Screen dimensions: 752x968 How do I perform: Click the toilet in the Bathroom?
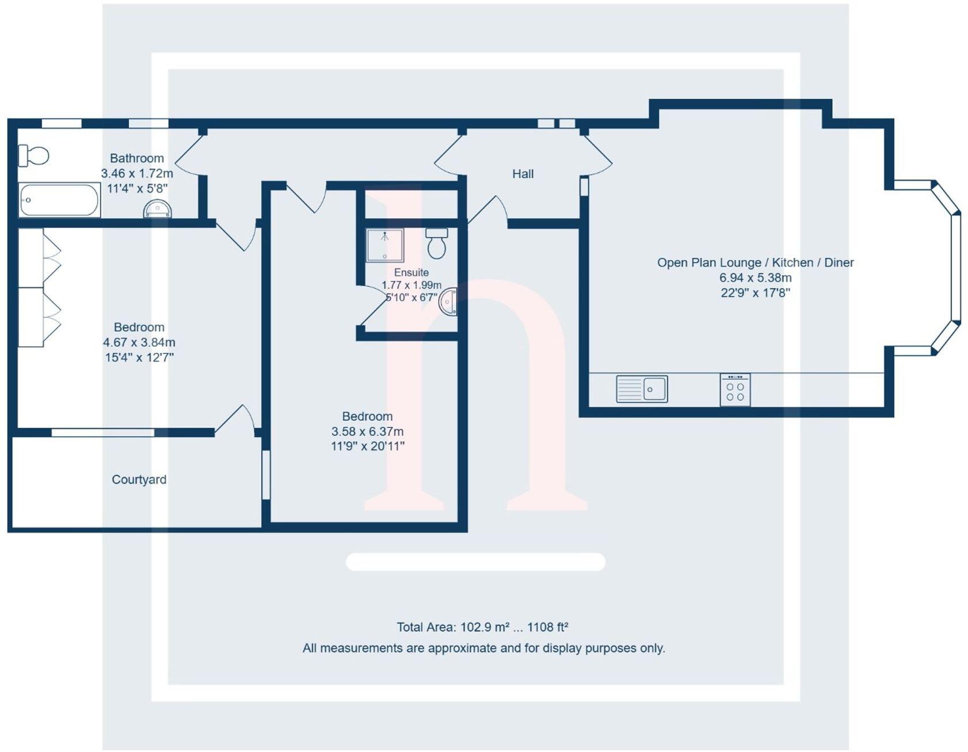tap(34, 155)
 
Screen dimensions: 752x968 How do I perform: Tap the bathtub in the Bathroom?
tap(59, 200)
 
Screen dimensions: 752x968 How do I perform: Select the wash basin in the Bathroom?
tap(157, 209)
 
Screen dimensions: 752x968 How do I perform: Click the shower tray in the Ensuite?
tap(385, 245)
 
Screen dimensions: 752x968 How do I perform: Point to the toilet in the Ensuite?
tap(437, 244)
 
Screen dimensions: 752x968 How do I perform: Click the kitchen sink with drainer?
tap(642, 389)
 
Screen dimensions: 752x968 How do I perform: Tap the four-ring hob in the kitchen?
tap(735, 390)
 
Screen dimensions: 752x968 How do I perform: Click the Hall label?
tap(523, 174)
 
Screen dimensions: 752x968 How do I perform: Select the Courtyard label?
tap(139, 480)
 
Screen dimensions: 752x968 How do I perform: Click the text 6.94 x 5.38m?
tap(755, 278)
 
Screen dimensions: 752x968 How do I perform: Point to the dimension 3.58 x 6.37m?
tap(367, 431)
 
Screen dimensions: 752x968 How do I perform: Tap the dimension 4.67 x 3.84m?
tap(139, 342)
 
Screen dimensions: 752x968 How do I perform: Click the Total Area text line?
tap(482, 627)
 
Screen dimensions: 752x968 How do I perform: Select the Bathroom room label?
tap(137, 158)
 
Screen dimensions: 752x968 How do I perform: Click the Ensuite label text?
tap(411, 272)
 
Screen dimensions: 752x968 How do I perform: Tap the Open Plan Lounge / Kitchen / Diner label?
tap(755, 263)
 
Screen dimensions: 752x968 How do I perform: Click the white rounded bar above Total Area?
tap(475, 562)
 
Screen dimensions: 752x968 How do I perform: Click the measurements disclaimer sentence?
tap(483, 648)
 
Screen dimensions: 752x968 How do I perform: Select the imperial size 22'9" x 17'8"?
tap(755, 293)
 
